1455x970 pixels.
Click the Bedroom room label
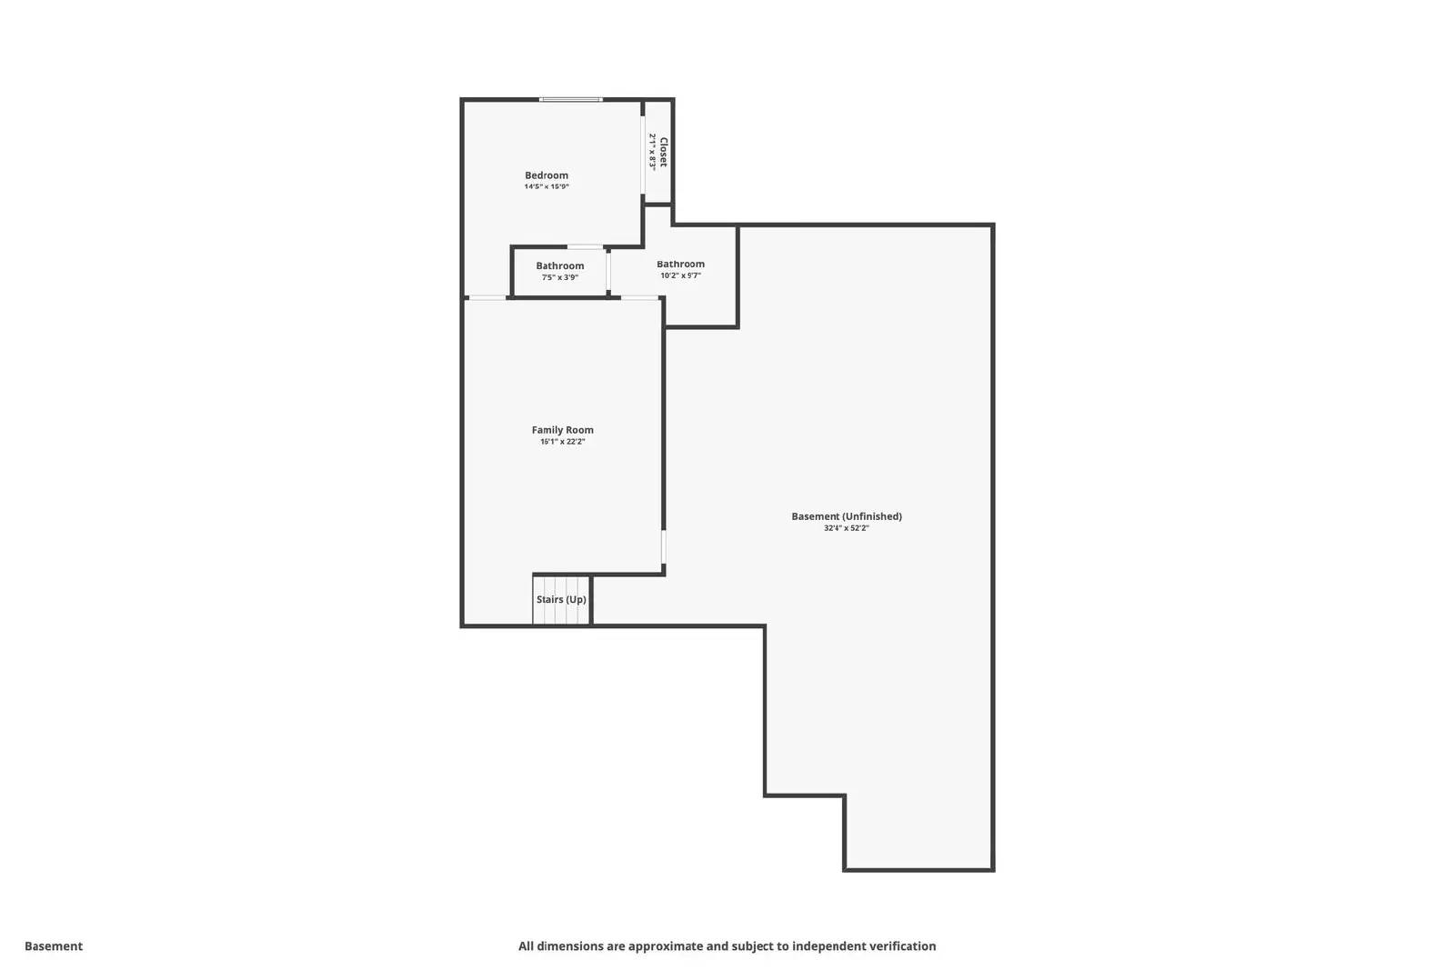(547, 175)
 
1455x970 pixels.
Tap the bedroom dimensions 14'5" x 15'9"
(547, 186)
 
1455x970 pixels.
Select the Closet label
(664, 152)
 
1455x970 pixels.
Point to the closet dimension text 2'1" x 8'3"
(652, 152)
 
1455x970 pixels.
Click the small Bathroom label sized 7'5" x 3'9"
(559, 266)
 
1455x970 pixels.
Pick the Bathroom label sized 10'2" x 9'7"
(680, 265)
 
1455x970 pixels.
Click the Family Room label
(563, 430)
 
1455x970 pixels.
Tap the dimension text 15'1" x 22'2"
(563, 442)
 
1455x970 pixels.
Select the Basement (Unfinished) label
(847, 516)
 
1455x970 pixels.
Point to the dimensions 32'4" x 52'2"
(847, 528)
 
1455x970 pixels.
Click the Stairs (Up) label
(561, 600)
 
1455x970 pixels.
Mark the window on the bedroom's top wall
(570, 99)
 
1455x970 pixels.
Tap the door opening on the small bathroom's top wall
(585, 246)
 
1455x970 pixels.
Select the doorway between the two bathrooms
(608, 271)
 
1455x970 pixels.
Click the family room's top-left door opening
(487, 297)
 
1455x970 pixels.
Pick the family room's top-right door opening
(640, 297)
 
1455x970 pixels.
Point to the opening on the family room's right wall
(664, 548)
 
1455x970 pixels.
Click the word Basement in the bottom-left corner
(54, 946)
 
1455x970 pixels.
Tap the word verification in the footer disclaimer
(901, 946)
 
